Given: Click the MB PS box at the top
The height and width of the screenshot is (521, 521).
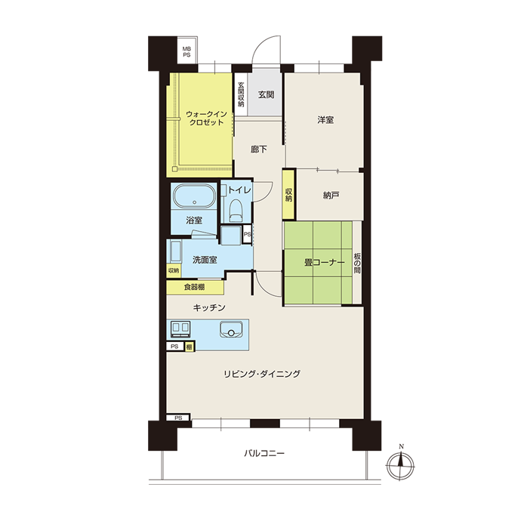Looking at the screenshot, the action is coord(187,51).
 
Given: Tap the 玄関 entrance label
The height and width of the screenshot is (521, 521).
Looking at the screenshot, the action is coord(266,95).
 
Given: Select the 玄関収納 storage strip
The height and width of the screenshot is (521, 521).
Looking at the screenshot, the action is coord(241,94).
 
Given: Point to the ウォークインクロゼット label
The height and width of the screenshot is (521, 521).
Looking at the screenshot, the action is coord(206,119).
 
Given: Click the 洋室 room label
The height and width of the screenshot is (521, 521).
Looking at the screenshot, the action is coord(325,120).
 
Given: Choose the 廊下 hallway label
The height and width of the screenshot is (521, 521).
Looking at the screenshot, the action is coord(258,150).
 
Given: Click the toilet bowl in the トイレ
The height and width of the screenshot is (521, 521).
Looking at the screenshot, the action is coord(236,211).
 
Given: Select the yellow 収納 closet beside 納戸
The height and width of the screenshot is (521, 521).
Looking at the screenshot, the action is coord(288,195).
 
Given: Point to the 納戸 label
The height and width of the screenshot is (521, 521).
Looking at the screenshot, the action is coord(331,196).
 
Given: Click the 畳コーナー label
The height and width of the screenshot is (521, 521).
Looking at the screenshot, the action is coord(325,263).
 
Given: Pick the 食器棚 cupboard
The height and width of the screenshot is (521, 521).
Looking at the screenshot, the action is coord(195,288).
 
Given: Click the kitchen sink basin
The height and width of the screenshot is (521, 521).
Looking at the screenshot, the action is coord(231,329).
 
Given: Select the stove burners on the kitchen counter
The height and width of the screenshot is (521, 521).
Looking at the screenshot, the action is coord(180,329).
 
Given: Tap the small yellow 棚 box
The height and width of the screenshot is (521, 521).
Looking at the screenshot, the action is coord(190,347).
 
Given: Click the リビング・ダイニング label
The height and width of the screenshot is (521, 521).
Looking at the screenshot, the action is coord(262,374).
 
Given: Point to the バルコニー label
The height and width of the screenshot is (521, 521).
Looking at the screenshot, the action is coord(264,454).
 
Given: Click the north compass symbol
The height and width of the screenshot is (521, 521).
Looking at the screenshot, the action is coord(400,464).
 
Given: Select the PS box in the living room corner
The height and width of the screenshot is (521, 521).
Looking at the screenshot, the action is coord(178,418).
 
